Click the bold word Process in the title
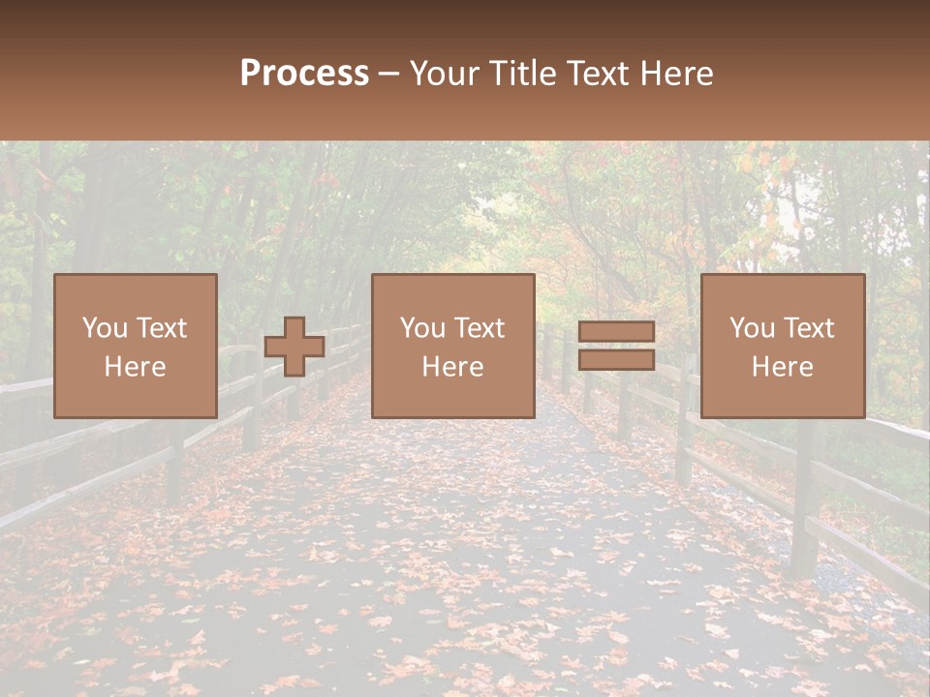tap(304, 74)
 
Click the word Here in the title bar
tap(679, 74)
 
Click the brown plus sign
tap(294, 346)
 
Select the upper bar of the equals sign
tap(616, 332)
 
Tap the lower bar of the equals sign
tap(616, 359)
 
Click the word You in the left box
tap(105, 328)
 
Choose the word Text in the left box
tap(161, 328)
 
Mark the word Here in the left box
tap(135, 367)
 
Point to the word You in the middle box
tap(422, 328)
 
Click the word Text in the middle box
tap(479, 328)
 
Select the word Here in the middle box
tap(452, 367)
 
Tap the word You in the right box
tap(752, 328)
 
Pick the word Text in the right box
tap(808, 328)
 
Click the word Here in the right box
tap(782, 367)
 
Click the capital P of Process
tap(251, 74)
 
